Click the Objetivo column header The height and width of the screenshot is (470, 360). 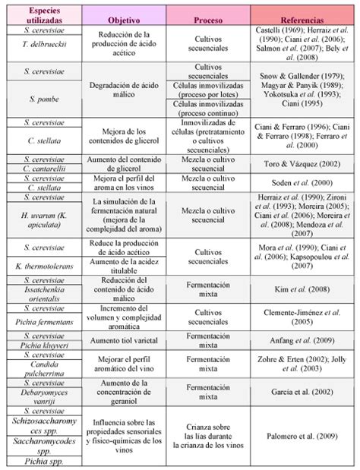click(124, 15)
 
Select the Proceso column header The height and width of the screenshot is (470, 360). click(207, 15)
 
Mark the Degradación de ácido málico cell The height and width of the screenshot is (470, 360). click(124, 88)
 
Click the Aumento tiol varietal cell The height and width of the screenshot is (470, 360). click(124, 342)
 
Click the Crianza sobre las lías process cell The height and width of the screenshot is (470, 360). click(207, 437)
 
